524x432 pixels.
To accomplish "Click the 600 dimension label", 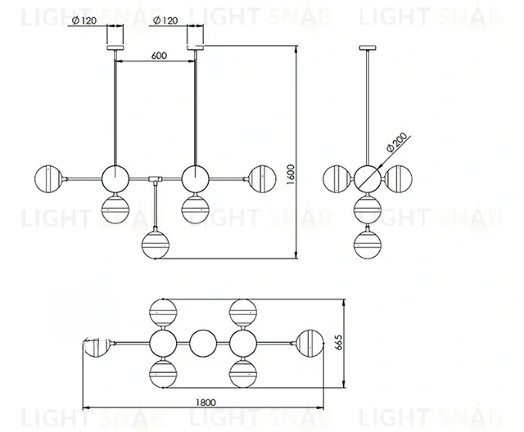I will [160, 56].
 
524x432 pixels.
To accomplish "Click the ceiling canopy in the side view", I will [365, 48].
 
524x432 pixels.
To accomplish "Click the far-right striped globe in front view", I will [261, 176].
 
